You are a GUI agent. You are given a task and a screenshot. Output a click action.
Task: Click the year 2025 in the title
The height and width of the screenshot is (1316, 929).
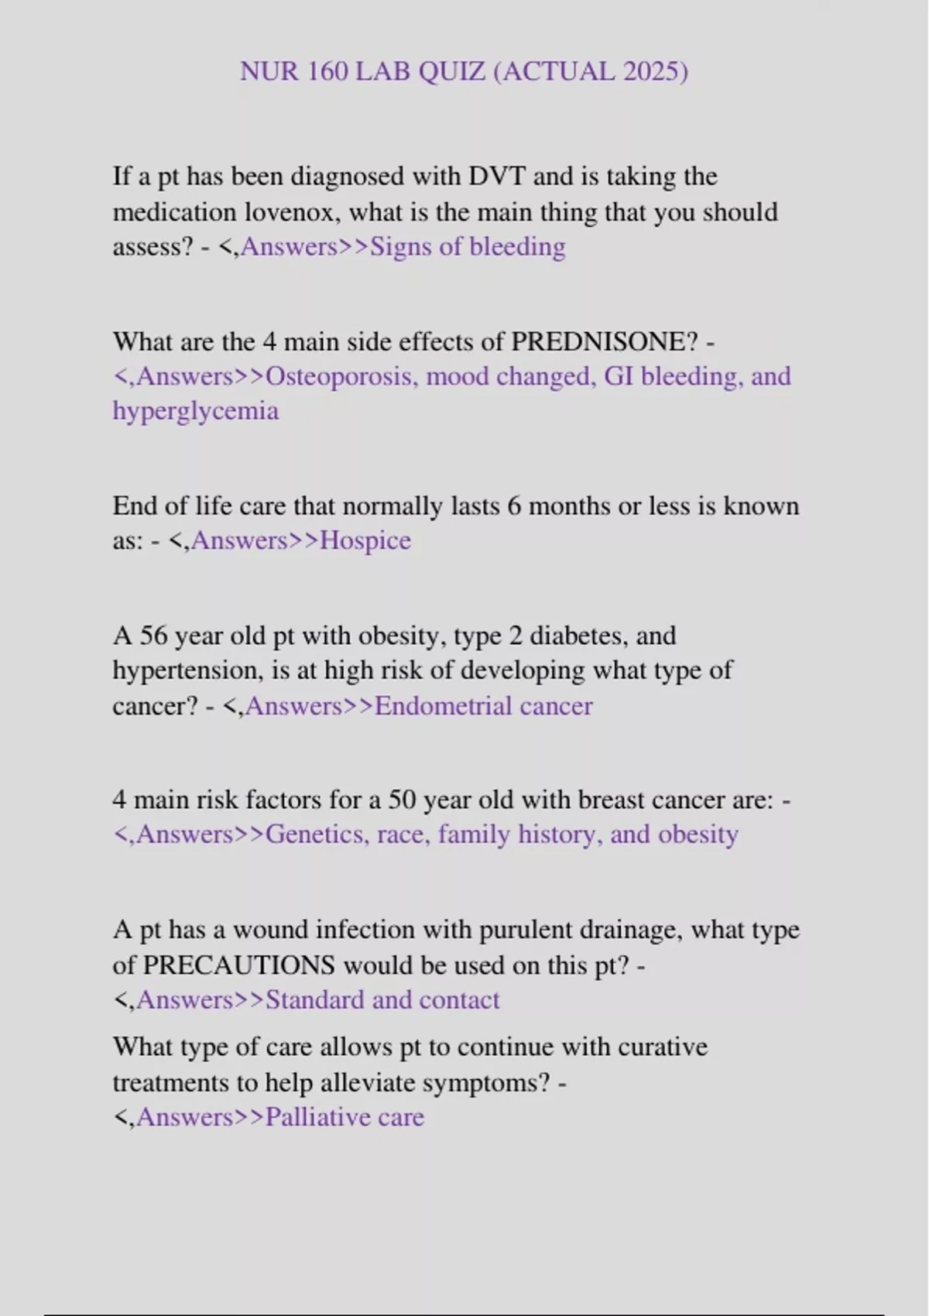650,71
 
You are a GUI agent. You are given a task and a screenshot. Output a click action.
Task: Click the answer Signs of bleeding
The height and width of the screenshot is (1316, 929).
468,246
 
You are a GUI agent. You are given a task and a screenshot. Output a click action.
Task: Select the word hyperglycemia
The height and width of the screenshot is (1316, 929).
195,410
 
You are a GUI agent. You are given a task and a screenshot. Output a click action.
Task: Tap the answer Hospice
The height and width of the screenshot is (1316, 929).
365,540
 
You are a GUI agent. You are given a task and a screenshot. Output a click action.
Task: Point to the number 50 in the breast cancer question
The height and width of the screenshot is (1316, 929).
403,799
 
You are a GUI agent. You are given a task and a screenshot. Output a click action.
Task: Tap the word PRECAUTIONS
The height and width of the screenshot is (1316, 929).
239,965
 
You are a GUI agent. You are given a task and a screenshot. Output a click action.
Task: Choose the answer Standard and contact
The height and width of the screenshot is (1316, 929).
382,999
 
